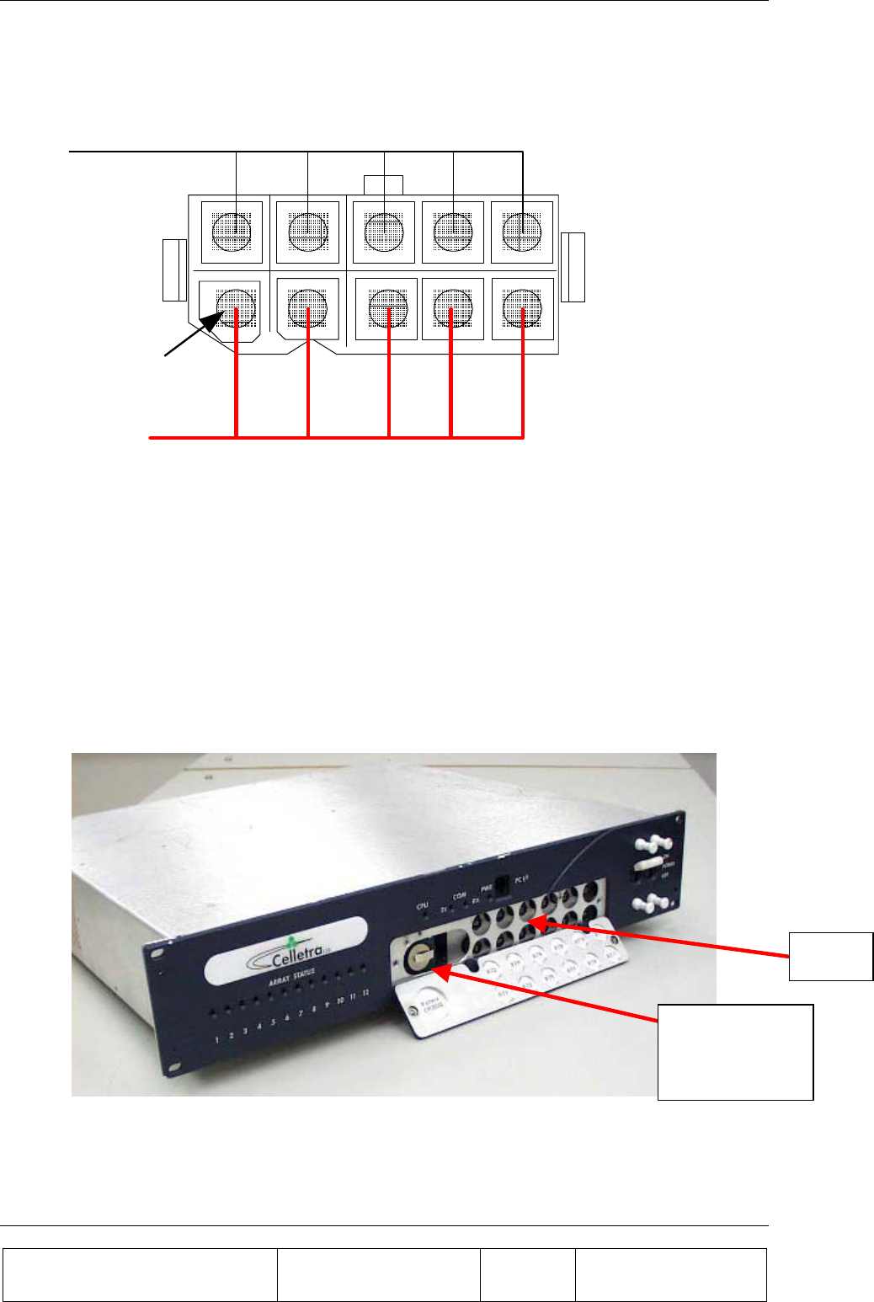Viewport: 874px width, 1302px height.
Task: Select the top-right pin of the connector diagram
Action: (522, 231)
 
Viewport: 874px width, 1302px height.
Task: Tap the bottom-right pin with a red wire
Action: (522, 308)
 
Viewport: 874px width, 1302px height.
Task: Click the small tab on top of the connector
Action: (383, 184)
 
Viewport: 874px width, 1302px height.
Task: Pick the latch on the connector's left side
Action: (174, 269)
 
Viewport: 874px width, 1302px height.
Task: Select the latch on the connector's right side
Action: (573, 266)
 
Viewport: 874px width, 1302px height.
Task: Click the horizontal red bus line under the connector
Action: (337, 438)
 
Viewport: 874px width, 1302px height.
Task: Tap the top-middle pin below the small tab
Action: (384, 231)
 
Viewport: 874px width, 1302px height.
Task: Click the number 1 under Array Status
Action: (216, 1039)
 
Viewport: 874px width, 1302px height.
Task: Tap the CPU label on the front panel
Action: (423, 906)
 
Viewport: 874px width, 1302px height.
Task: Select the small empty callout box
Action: (830, 957)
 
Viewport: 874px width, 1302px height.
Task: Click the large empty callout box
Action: (735, 1052)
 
